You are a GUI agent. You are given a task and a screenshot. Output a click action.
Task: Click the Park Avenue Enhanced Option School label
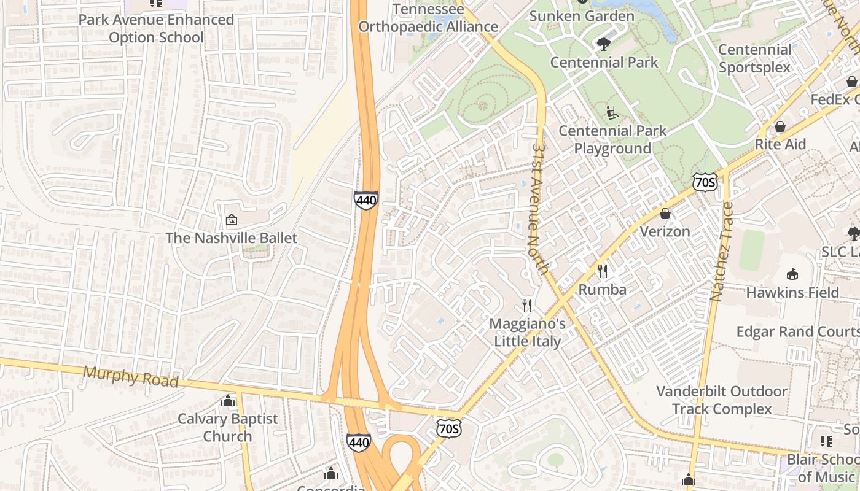[x=156, y=28]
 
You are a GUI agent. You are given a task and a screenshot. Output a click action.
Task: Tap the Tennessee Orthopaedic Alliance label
[x=428, y=18]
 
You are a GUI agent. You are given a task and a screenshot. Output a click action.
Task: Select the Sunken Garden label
[x=581, y=16]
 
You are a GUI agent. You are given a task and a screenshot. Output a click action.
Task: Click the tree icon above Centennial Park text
[x=604, y=44]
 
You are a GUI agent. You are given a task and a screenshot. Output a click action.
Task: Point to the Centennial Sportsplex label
[x=754, y=58]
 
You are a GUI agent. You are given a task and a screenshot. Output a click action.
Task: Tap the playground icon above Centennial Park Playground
[x=612, y=113]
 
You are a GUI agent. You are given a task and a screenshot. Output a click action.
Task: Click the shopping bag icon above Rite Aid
[x=780, y=126]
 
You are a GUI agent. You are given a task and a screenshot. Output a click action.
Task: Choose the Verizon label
[x=665, y=231]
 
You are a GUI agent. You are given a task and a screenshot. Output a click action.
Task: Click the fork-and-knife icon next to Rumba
[x=603, y=271]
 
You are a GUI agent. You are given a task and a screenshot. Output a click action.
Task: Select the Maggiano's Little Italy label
[x=528, y=332]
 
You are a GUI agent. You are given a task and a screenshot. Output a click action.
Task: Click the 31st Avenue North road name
[x=541, y=209]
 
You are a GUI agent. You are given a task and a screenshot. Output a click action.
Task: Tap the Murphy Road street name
[x=130, y=376]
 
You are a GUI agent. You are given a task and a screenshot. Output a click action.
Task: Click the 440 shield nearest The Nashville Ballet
[x=365, y=200]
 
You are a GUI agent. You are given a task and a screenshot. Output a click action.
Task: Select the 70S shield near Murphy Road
[x=448, y=428]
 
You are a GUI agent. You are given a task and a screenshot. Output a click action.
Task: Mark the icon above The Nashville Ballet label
[x=232, y=220]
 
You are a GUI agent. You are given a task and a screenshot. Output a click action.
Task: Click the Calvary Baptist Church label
[x=228, y=428]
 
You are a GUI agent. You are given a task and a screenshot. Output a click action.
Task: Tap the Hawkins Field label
[x=792, y=293]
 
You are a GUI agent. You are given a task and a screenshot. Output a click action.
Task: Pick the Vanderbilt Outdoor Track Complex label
[x=721, y=400]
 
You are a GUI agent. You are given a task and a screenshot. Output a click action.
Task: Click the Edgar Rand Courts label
[x=797, y=332]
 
